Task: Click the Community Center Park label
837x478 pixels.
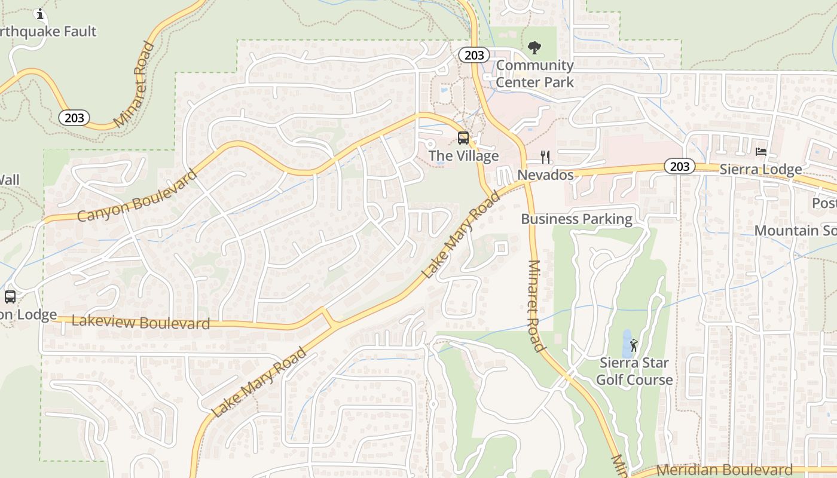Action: tap(534, 73)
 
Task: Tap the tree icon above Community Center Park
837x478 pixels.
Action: tap(534, 47)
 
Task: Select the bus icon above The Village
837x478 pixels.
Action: tap(463, 138)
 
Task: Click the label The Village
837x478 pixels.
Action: tap(463, 156)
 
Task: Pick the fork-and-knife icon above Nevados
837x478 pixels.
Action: tap(545, 157)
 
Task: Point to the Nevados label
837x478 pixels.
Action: tap(545, 175)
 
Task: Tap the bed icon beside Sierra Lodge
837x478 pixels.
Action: tap(761, 152)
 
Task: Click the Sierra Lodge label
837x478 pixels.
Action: tap(760, 170)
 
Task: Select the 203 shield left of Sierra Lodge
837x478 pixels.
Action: tap(680, 167)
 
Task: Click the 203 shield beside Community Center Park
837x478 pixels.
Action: tap(474, 55)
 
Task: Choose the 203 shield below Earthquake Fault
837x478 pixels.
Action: tap(74, 118)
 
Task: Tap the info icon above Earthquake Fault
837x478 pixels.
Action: tap(41, 14)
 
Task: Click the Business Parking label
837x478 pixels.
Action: tap(576, 219)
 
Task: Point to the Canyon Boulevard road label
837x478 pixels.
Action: tap(137, 195)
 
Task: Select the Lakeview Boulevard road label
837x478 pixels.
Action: tap(140, 323)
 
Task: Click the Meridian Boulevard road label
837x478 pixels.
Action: tap(725, 470)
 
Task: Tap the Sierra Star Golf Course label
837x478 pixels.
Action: tap(634, 371)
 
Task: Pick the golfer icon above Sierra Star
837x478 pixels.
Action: tap(634, 345)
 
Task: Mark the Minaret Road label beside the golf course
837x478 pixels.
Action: tap(536, 305)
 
